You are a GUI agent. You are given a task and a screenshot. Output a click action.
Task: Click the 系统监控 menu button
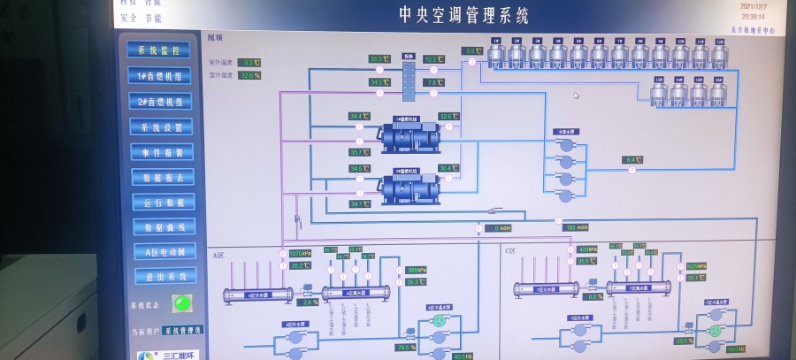pos(160,50)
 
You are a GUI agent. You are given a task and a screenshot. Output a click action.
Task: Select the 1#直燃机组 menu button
pos(160,76)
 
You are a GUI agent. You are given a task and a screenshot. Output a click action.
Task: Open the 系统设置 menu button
pos(161,127)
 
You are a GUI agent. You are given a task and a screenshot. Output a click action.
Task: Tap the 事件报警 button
pos(162,152)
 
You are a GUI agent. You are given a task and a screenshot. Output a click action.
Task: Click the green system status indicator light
pos(182,303)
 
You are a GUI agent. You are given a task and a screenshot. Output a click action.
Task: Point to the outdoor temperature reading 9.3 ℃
pos(250,63)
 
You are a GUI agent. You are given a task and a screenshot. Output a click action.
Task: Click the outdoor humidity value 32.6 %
pos(250,76)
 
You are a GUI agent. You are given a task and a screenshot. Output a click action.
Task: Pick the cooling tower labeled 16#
pos(719,93)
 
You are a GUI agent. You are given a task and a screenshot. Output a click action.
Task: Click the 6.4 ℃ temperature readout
pos(632,160)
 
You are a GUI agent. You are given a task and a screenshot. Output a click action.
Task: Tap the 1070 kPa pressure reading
pos(301,254)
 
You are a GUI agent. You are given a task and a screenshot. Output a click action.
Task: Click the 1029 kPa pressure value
pos(695,265)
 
